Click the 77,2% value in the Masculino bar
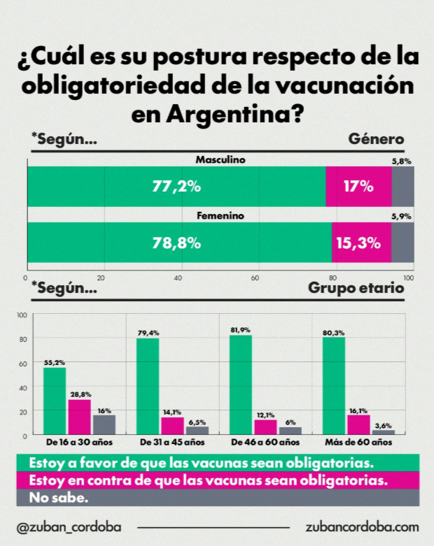[x=176, y=187]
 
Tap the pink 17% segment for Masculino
[x=358, y=187]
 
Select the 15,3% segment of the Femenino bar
[x=361, y=243]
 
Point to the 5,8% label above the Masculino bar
[x=401, y=161]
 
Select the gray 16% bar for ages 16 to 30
[x=104, y=425]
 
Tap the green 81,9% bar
[x=240, y=385]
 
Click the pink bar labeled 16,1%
[x=358, y=424]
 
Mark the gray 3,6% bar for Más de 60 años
[x=384, y=432]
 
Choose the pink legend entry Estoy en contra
[x=207, y=481]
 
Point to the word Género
[x=376, y=139]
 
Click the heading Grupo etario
[x=356, y=287]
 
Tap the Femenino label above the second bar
[x=220, y=217]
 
